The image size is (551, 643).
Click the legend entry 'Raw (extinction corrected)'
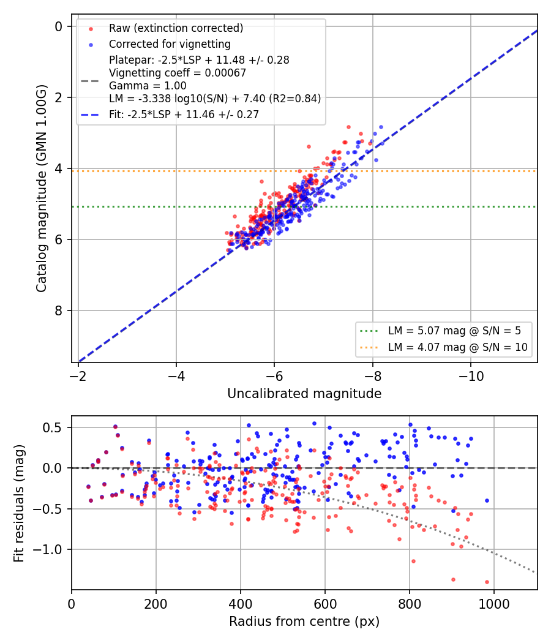[176, 28]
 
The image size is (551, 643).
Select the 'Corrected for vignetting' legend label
[170, 44]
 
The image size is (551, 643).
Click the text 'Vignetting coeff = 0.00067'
[178, 73]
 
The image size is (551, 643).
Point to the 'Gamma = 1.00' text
[148, 86]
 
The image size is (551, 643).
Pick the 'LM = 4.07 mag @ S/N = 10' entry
[457, 347]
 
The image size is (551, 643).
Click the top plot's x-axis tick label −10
[471, 376]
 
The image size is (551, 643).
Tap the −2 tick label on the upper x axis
[78, 376]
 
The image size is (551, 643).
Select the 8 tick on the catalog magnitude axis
[59, 311]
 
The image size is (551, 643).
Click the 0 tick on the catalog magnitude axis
[59, 27]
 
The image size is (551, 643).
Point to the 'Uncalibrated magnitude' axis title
[305, 394]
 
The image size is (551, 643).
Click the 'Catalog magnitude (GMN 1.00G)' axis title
[42, 189]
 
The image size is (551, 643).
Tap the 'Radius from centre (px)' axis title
[304, 622]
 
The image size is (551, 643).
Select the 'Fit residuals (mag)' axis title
[19, 503]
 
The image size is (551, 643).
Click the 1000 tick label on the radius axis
[494, 604]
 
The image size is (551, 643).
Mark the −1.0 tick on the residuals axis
[48, 549]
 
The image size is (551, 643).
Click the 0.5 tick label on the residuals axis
[53, 427]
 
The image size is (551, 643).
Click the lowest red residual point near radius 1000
[487, 582]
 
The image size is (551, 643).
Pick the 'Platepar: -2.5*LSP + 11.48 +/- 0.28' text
[199, 60]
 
